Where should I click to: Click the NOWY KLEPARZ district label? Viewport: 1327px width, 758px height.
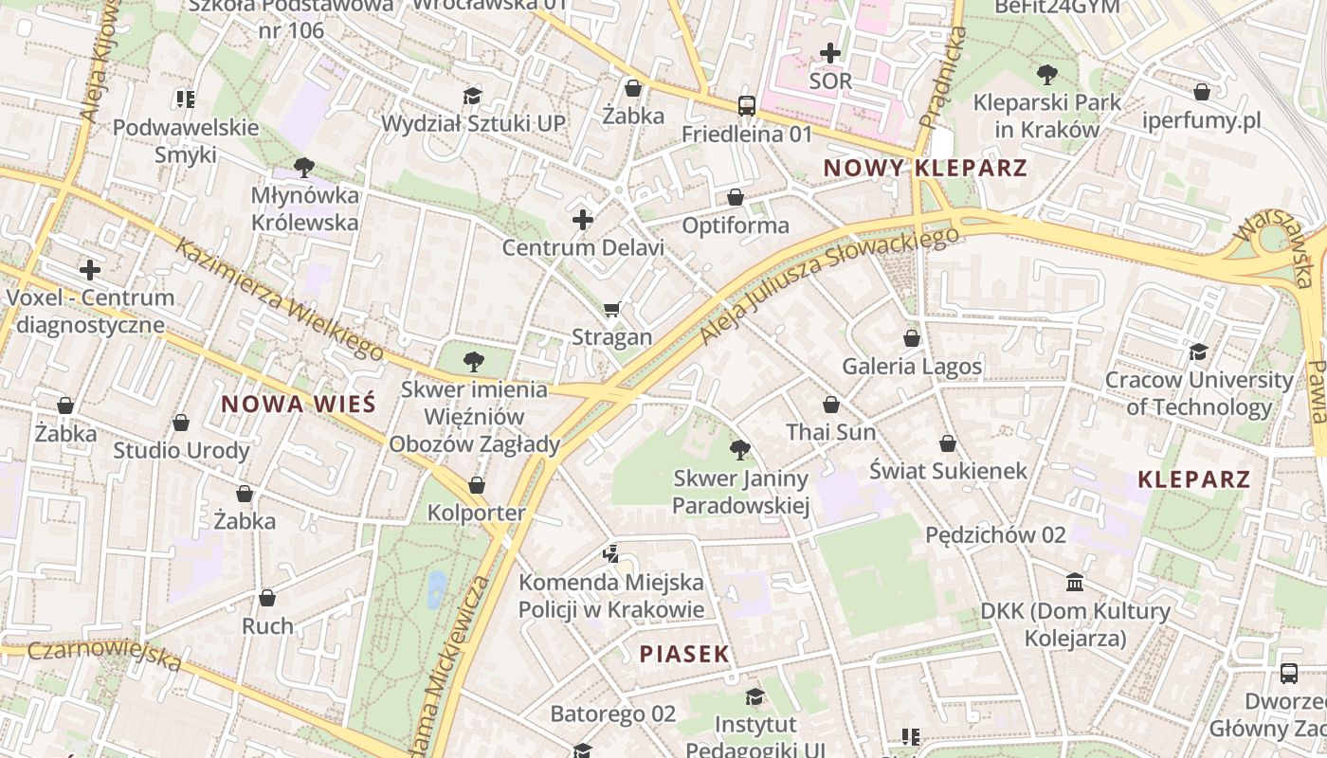pos(925,169)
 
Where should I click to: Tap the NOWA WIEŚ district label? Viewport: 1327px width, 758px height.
pos(299,405)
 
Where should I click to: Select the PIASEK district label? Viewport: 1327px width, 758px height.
pos(684,654)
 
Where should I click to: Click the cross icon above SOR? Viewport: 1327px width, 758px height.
pos(830,53)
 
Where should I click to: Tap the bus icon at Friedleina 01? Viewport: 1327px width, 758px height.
pos(747,105)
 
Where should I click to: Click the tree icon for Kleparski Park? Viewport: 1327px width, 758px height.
pos(1046,74)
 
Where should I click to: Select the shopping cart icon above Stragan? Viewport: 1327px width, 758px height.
pos(612,310)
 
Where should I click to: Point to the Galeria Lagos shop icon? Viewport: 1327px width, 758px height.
pos(912,338)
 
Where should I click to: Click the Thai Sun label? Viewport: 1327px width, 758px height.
pos(830,432)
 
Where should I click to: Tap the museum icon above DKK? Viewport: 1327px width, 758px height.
pos(1075,582)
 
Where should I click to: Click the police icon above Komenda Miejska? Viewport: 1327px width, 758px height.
pos(611,552)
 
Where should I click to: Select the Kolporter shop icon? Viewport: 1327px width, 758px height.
pos(477,485)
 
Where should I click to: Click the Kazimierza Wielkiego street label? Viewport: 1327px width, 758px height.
pos(281,299)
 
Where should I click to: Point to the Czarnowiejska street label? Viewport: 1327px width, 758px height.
pos(104,655)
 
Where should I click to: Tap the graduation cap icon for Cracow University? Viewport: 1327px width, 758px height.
pos(1198,352)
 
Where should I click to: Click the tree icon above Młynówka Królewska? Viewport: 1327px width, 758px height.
pos(304,168)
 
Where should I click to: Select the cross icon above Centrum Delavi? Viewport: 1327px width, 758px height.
pos(583,221)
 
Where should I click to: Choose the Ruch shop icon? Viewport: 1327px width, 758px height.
pos(267,598)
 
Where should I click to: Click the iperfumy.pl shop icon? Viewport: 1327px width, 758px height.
pos(1202,92)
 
